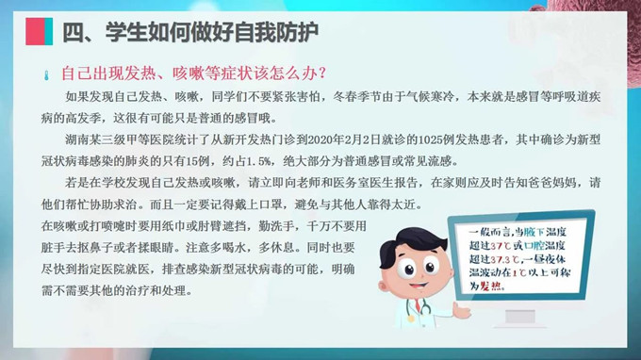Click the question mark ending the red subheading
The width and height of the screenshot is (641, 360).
322,73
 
